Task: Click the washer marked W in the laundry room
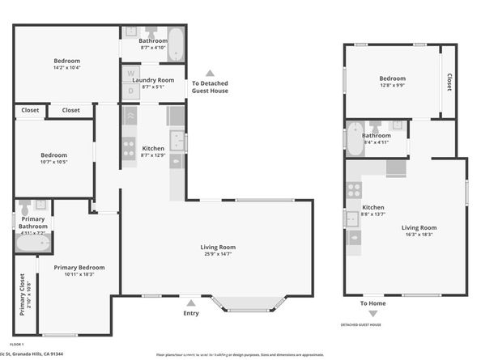click(x=130, y=74)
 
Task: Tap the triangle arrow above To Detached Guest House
click(x=210, y=73)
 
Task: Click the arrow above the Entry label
click(x=190, y=303)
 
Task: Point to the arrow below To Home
click(x=373, y=314)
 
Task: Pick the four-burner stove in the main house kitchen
click(x=128, y=147)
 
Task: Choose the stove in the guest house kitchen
click(x=353, y=192)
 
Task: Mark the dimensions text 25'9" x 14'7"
click(x=219, y=254)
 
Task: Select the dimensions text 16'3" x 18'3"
click(x=419, y=235)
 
